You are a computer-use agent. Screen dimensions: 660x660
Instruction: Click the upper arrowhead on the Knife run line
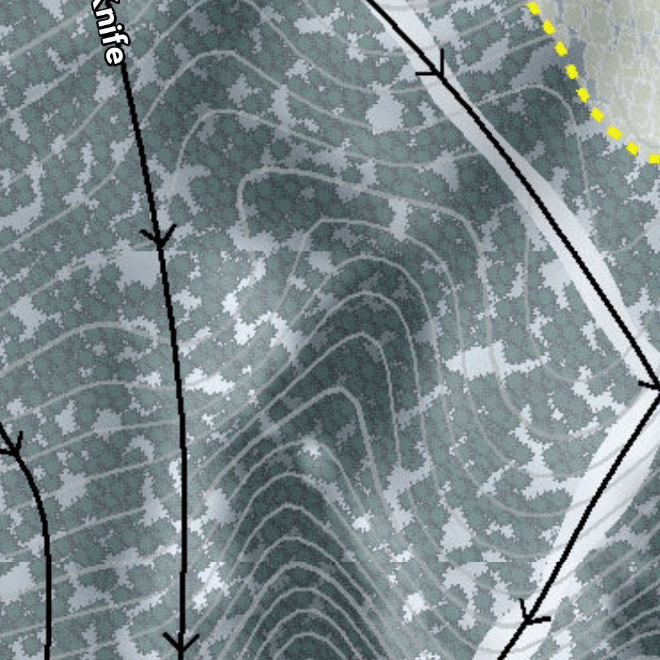point(158,237)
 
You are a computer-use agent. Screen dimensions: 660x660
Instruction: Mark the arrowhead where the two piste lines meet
point(652,385)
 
